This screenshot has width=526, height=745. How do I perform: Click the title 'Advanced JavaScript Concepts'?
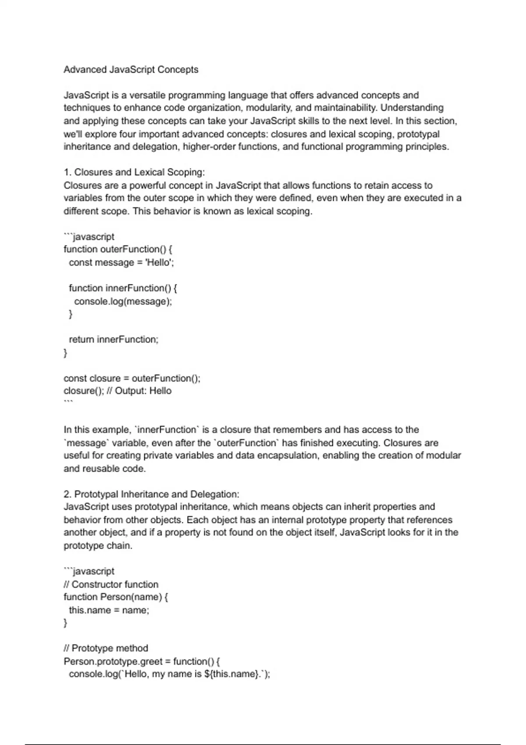pyautogui.click(x=131, y=70)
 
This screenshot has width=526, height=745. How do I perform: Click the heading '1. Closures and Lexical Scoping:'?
pyautogui.click(x=134, y=172)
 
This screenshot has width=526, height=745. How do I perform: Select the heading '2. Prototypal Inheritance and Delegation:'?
pyautogui.click(x=151, y=494)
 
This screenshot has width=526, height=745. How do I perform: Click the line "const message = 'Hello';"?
pyautogui.click(x=121, y=263)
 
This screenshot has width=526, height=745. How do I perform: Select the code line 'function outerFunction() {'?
pyautogui.click(x=118, y=249)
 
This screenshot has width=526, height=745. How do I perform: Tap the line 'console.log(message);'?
pyautogui.click(x=123, y=302)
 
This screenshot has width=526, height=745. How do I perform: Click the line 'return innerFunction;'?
pyautogui.click(x=114, y=340)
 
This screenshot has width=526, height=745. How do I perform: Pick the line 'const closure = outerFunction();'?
pyautogui.click(x=132, y=378)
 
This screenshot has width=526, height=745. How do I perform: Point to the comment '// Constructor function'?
pyautogui.click(x=111, y=585)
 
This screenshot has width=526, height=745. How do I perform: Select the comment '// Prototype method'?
pyautogui.click(x=106, y=648)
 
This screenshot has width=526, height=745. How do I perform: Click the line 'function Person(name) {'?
pyautogui.click(x=116, y=597)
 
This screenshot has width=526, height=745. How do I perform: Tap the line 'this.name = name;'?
pyautogui.click(x=109, y=610)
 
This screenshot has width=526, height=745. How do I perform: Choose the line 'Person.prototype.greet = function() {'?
pyautogui.click(x=142, y=661)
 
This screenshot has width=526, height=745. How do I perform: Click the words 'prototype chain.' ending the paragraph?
pyautogui.click(x=98, y=546)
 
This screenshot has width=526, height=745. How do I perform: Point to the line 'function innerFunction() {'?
pyautogui.click(x=123, y=288)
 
